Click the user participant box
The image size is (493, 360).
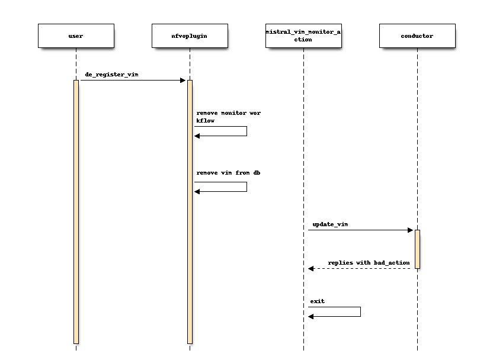(x=76, y=36)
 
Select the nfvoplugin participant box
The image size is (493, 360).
(x=190, y=36)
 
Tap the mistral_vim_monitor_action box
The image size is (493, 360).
(x=303, y=36)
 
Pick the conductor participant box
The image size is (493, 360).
(x=417, y=36)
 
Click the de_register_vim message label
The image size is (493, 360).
(x=112, y=75)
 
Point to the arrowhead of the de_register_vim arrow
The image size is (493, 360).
(x=183, y=81)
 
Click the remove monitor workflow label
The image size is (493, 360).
(x=228, y=116)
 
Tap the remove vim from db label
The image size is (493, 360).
(x=228, y=173)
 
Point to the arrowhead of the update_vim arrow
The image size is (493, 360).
(x=410, y=230)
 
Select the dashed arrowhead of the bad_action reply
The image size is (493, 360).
(x=311, y=269)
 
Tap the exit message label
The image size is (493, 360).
(x=318, y=301)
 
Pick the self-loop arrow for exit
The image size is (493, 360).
(x=359, y=311)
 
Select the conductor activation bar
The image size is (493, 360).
(x=417, y=249)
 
